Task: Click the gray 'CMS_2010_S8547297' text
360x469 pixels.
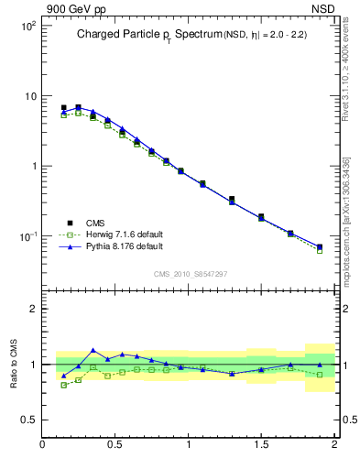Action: pyautogui.click(x=190, y=274)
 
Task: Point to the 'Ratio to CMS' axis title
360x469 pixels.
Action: pyautogui.click(x=15, y=363)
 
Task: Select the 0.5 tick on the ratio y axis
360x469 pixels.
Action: pyautogui.click(x=28, y=420)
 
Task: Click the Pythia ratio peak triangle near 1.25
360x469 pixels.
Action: pyautogui.click(x=93, y=350)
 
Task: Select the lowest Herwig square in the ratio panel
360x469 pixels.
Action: pyautogui.click(x=63, y=385)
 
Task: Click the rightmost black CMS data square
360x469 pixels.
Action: pyautogui.click(x=320, y=246)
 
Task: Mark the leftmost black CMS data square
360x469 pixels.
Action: pyautogui.click(x=63, y=107)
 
